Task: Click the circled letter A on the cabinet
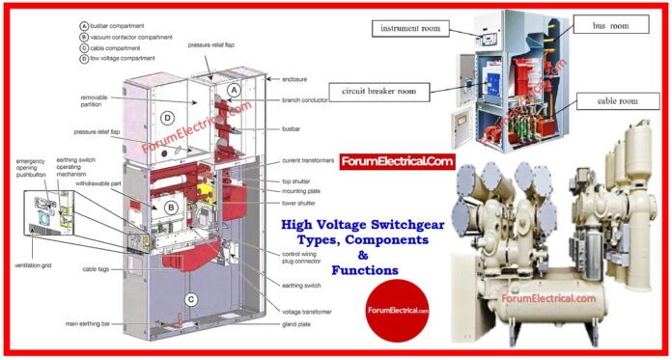pyautogui.click(x=232, y=89)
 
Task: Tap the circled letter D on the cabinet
pyautogui.click(x=167, y=119)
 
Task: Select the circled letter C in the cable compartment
pyautogui.click(x=192, y=299)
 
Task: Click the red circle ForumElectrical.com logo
pyautogui.click(x=397, y=309)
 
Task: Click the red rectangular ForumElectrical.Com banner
pyautogui.click(x=396, y=161)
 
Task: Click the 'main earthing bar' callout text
pyautogui.click(x=98, y=323)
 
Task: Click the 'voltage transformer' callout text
pyautogui.click(x=307, y=312)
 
